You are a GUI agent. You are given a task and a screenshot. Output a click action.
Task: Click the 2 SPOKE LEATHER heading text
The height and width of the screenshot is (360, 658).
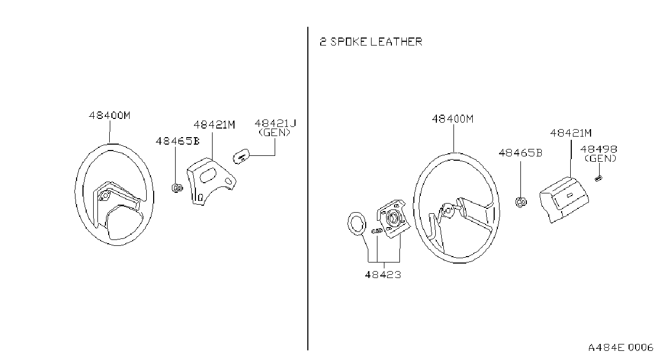(x=370, y=42)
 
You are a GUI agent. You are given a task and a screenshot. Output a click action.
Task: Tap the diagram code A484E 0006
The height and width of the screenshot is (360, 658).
(x=621, y=348)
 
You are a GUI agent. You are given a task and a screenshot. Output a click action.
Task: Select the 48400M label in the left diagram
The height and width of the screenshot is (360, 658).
(x=110, y=115)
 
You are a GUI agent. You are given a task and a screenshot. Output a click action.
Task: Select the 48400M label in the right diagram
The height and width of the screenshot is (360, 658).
(x=452, y=119)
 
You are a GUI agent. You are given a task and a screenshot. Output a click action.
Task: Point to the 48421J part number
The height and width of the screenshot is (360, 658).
(x=275, y=123)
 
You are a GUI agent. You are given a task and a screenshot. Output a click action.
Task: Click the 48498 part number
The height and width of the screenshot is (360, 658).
(x=599, y=149)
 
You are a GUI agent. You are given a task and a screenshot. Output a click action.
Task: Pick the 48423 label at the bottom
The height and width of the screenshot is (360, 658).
(x=383, y=275)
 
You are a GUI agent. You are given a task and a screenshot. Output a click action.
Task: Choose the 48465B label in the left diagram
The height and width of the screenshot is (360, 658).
(x=177, y=141)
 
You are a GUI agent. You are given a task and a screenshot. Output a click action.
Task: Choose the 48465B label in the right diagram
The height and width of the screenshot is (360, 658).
(x=520, y=153)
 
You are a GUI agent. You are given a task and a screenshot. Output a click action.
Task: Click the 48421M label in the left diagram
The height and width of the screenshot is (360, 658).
(x=214, y=125)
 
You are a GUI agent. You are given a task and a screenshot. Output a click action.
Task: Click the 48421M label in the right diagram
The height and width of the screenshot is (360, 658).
(x=571, y=133)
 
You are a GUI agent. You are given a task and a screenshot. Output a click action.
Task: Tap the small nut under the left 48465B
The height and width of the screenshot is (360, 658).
(x=177, y=188)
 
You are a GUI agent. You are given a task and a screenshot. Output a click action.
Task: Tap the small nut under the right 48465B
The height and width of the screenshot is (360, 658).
(x=521, y=202)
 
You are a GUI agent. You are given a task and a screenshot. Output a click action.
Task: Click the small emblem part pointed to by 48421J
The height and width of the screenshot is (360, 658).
(x=241, y=156)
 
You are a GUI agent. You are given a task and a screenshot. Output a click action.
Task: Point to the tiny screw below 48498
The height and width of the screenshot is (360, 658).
(x=599, y=178)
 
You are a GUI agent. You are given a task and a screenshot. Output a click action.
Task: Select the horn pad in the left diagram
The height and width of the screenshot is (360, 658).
(x=211, y=181)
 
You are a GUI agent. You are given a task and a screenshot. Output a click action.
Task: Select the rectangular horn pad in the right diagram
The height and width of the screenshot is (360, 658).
(x=564, y=200)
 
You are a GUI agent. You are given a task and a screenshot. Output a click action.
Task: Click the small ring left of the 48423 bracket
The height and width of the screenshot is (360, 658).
(x=357, y=224)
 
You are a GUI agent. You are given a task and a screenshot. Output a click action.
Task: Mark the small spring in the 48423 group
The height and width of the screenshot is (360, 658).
(x=377, y=231)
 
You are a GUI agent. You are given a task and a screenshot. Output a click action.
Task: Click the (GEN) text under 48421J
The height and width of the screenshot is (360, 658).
(x=274, y=133)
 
